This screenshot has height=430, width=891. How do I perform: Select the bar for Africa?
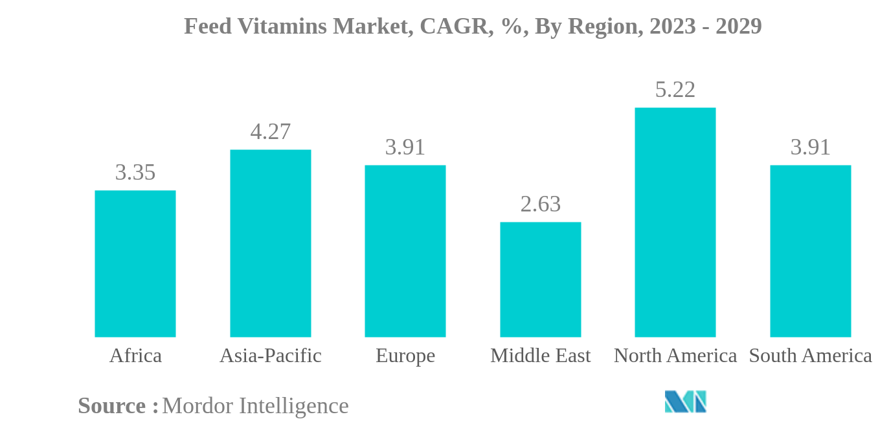click(x=135, y=264)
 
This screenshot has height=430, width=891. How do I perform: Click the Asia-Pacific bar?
click(x=270, y=243)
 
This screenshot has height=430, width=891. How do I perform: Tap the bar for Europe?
click(x=405, y=251)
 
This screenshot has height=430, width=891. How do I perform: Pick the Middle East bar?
click(x=540, y=279)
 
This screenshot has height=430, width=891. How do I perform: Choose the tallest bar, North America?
click(x=675, y=222)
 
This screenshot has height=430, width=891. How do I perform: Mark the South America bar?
click(x=810, y=251)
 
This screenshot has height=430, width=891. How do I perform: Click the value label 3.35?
click(x=135, y=173)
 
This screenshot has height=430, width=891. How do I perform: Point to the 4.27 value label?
click(x=271, y=132)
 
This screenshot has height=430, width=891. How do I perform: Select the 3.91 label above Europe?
click(x=405, y=147)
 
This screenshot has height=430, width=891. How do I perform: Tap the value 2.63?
click(x=541, y=204)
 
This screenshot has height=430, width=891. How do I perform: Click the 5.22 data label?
click(x=675, y=90)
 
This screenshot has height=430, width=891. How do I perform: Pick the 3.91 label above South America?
click(x=811, y=147)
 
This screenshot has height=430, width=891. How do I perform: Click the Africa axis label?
click(x=135, y=356)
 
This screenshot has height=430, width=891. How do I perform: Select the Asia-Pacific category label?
click(x=271, y=356)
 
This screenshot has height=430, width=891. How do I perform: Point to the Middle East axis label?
click(x=541, y=356)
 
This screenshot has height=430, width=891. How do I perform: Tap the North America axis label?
click(x=675, y=356)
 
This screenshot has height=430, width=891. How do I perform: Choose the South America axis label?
click(x=811, y=356)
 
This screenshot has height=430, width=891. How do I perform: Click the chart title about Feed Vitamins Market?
click(x=473, y=27)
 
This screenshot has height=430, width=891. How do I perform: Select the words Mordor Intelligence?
click(x=255, y=406)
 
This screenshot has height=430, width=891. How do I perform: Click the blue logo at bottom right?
click(x=685, y=402)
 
